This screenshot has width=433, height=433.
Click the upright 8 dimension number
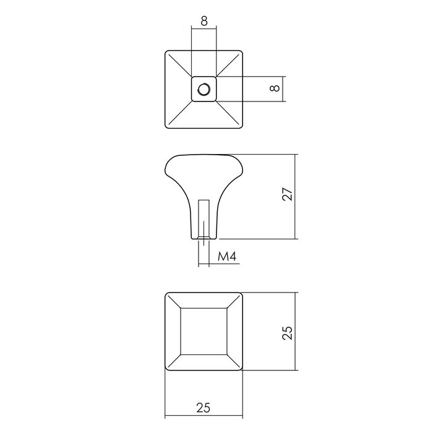tap(204, 20)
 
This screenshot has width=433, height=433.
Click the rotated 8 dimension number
tap(276, 88)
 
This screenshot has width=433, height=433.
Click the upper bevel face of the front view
tap(204, 299)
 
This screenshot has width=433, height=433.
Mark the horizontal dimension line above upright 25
tap(204, 397)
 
